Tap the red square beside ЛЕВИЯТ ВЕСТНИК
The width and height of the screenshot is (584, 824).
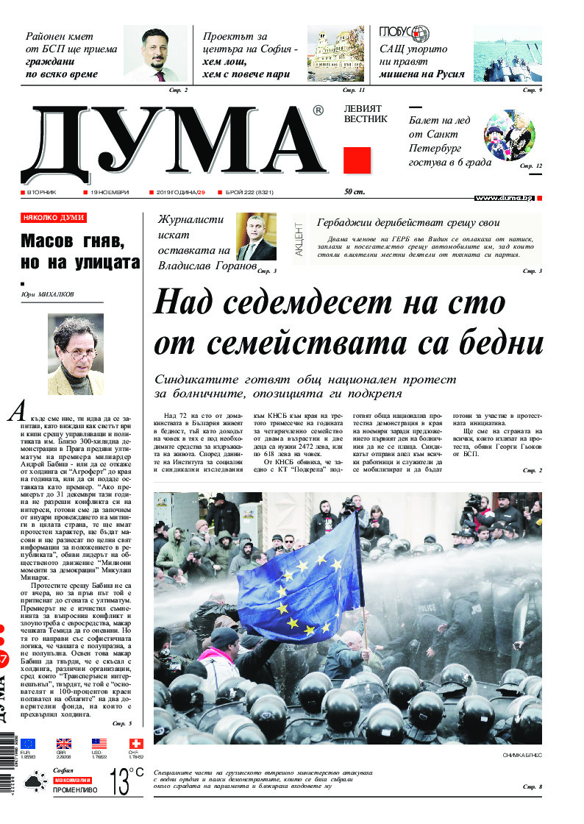(357, 160)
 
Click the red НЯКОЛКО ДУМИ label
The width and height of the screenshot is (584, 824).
(54, 218)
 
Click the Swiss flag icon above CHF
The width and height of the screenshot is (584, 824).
(135, 744)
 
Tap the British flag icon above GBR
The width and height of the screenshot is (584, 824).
(64, 744)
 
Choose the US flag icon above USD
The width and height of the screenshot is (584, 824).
(99, 744)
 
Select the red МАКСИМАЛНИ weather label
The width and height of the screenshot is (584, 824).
(72, 779)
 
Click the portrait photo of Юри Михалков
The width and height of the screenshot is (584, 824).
(76, 355)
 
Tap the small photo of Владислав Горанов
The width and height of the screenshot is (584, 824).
(256, 237)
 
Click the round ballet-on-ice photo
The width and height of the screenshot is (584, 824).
(509, 135)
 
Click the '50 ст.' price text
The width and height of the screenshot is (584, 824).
(355, 192)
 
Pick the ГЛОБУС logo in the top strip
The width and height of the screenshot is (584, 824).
(404, 33)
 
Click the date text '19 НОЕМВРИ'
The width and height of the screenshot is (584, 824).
(110, 192)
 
